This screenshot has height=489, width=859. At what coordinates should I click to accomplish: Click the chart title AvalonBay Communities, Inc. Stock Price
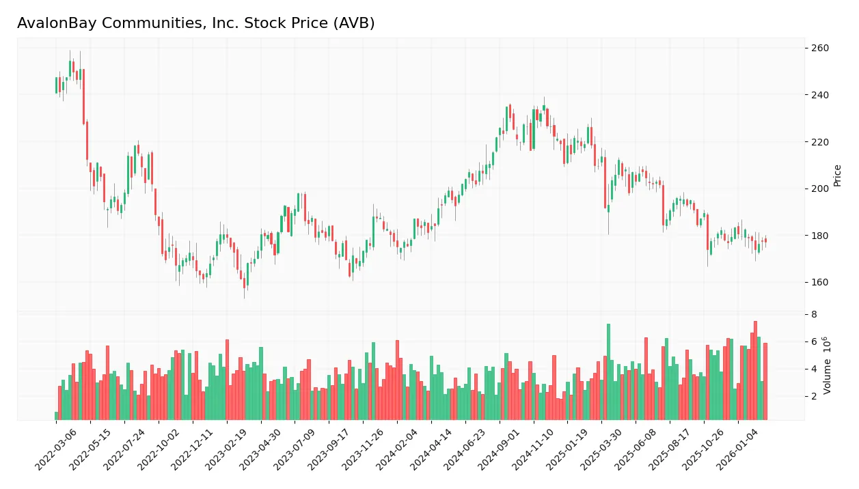(x=195, y=23)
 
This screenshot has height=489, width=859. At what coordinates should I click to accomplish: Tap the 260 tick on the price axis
(x=819, y=48)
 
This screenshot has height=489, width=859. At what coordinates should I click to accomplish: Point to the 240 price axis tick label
(x=819, y=95)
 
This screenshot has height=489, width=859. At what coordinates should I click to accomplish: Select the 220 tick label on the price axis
(x=819, y=142)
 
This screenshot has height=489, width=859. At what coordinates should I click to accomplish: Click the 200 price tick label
(x=819, y=189)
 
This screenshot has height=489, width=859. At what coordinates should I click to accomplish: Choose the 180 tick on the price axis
(x=819, y=236)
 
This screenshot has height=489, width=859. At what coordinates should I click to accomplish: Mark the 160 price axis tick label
(x=819, y=283)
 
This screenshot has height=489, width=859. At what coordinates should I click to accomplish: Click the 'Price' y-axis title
(x=837, y=176)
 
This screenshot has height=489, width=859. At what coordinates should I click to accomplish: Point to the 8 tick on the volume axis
(x=814, y=315)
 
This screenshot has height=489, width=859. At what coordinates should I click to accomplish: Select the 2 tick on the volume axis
(x=814, y=396)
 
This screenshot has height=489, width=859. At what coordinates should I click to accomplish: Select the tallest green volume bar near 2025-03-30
(x=608, y=372)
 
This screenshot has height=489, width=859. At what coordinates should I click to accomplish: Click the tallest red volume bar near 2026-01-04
(x=755, y=371)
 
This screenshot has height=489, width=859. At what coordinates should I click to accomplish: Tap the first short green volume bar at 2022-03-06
(x=57, y=416)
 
